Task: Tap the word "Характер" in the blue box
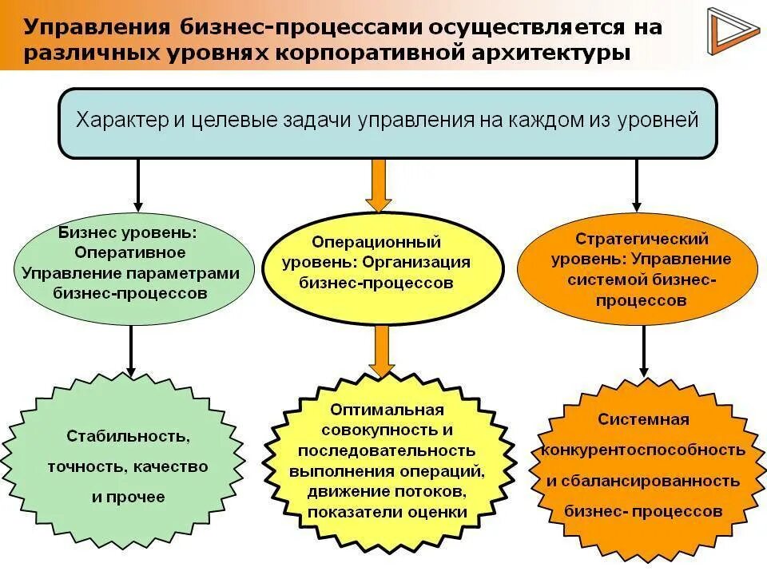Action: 121,121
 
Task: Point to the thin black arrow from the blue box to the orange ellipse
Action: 636,184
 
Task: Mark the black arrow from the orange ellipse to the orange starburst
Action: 643,348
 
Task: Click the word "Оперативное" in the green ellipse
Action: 130,252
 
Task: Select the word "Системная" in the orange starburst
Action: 642,419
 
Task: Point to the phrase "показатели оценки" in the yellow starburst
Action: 387,512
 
